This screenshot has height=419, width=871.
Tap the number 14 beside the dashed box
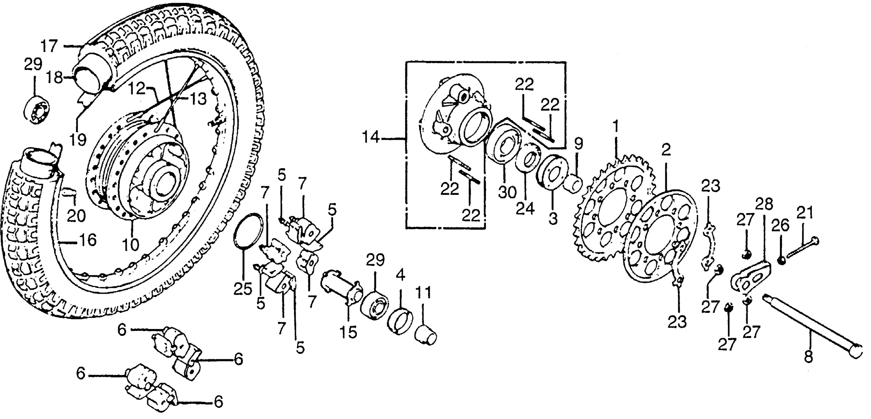click(371, 138)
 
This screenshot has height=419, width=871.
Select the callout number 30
click(507, 192)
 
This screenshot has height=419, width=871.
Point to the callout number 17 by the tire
click(50, 46)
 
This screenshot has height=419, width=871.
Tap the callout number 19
click(78, 139)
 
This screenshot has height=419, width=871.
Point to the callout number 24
click(525, 209)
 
